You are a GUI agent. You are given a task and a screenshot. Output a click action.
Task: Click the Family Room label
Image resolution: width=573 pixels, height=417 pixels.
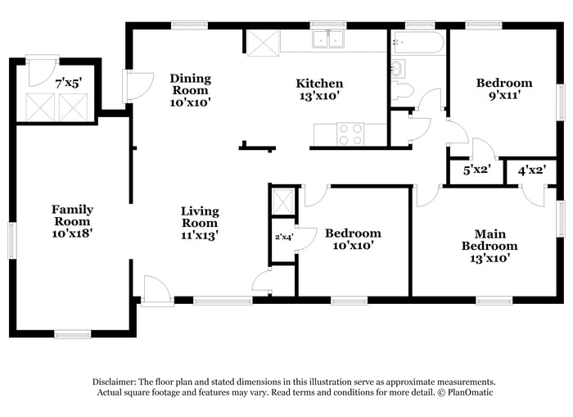click(73, 220)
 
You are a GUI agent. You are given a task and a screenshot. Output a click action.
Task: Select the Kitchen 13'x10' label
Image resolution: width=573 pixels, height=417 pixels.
click(319, 88)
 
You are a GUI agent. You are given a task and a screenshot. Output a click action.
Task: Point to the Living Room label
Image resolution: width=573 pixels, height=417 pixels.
click(200, 223)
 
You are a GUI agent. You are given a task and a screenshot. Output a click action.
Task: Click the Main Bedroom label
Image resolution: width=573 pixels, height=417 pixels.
click(490, 246)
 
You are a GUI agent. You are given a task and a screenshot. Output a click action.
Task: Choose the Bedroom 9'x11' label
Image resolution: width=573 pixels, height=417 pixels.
click(504, 88)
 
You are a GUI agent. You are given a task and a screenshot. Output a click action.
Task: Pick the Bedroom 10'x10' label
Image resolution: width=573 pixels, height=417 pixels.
click(353, 239)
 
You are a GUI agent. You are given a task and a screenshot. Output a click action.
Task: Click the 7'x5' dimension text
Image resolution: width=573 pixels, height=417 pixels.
click(69, 83)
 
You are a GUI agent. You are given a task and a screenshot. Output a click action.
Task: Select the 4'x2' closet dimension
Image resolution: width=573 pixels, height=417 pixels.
click(530, 171)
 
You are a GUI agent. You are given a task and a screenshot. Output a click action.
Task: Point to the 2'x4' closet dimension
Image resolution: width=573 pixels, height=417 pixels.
click(282, 238)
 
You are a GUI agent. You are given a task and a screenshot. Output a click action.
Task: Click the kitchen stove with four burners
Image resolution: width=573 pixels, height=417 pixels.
click(351, 134)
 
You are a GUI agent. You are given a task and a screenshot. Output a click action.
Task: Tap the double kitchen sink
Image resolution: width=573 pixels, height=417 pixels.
click(328, 39)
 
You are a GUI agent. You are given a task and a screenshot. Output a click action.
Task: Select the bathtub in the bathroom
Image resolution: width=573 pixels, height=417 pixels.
click(417, 42)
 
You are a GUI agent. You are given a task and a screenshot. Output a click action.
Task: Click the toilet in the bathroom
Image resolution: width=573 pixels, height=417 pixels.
click(401, 90)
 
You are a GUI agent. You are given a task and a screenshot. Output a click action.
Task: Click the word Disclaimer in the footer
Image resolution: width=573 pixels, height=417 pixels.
click(114, 382)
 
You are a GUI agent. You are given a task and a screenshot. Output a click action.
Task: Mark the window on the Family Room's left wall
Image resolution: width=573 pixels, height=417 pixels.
click(12, 240)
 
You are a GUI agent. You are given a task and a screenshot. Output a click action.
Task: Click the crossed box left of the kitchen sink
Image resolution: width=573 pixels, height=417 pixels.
click(263, 43)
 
